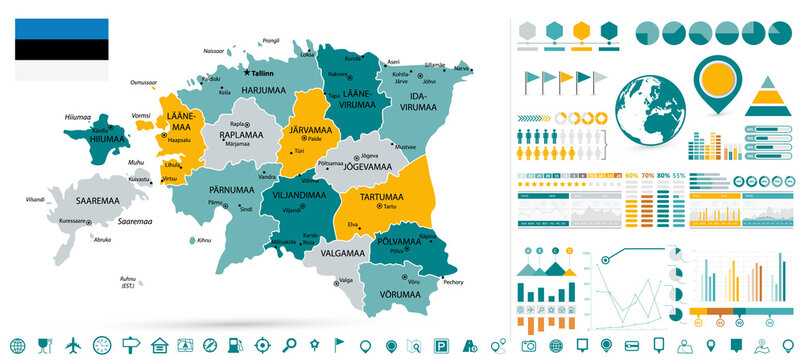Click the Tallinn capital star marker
pos(257,72)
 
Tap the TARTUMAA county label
pos(374,196)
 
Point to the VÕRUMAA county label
pos(399,294)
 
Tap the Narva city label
pos(462,68)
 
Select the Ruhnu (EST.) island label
pos(126,283)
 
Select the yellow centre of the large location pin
pos(717,78)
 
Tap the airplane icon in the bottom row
pos(72,345)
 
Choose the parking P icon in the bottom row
pos(441,345)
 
